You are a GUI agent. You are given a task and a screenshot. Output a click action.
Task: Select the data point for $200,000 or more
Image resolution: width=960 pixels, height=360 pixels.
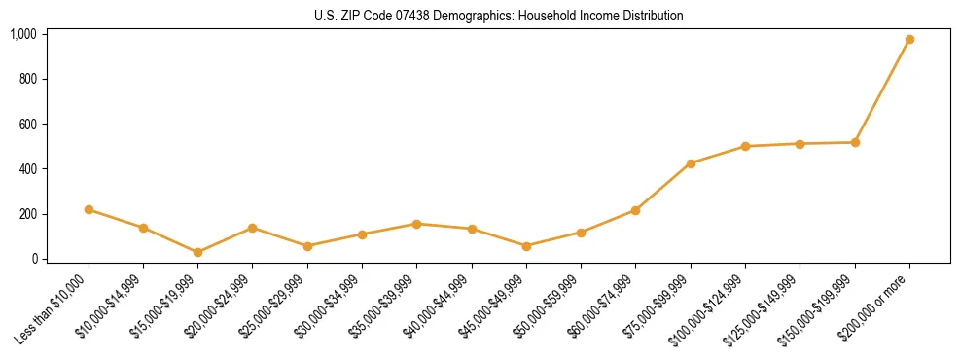point(909,40)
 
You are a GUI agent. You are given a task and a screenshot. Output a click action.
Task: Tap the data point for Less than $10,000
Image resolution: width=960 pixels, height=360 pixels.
point(89,209)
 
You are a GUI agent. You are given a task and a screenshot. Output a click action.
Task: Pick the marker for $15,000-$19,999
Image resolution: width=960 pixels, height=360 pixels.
point(197,252)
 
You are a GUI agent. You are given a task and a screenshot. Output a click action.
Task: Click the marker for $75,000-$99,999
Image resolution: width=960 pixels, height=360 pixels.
point(691,163)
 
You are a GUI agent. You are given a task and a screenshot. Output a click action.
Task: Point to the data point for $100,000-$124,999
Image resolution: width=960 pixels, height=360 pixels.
point(745,146)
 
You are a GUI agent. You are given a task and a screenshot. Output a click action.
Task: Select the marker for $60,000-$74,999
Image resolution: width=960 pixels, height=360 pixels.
point(635,210)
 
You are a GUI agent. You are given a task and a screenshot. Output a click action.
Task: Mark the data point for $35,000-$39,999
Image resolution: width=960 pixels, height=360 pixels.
point(416,224)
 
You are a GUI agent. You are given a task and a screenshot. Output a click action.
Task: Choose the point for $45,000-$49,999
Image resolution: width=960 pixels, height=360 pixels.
point(526,246)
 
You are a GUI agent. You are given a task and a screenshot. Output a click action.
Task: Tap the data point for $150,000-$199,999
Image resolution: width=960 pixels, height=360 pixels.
point(855,142)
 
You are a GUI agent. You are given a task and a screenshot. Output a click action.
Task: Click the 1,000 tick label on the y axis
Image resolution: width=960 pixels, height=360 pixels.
point(22,34)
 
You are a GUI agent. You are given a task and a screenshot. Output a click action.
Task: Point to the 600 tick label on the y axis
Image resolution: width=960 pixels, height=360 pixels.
point(26,124)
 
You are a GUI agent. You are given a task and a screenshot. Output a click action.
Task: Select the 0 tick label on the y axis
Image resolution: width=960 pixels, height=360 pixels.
point(33,259)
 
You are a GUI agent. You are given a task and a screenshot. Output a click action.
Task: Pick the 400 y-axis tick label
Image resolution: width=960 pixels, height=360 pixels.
point(26,169)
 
